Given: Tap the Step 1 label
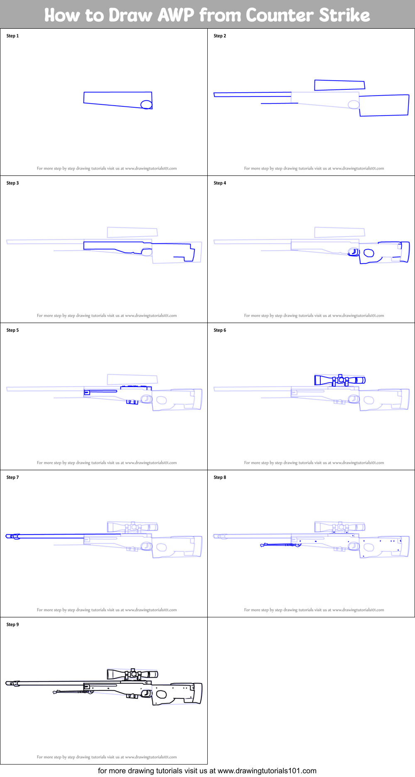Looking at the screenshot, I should [x=12, y=36].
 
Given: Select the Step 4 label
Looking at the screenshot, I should [x=220, y=183].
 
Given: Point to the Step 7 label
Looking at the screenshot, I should [x=12, y=477].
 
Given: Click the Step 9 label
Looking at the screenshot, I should [x=12, y=624].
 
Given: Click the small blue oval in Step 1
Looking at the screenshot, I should [x=146, y=104].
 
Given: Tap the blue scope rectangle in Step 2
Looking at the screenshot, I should [x=339, y=85].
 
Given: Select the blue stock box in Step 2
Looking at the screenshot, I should [x=384, y=105].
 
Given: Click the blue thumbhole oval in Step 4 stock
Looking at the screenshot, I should [x=369, y=253].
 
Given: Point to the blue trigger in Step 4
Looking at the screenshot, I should [x=354, y=252].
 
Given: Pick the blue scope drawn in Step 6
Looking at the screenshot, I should [x=339, y=380].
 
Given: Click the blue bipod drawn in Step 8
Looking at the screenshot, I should [x=280, y=545].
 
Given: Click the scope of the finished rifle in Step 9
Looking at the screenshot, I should [x=133, y=674].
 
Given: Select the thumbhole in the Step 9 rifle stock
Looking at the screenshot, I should [x=161, y=694].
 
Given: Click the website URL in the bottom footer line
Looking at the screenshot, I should [x=267, y=771].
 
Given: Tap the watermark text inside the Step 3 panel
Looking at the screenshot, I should [x=107, y=316].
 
